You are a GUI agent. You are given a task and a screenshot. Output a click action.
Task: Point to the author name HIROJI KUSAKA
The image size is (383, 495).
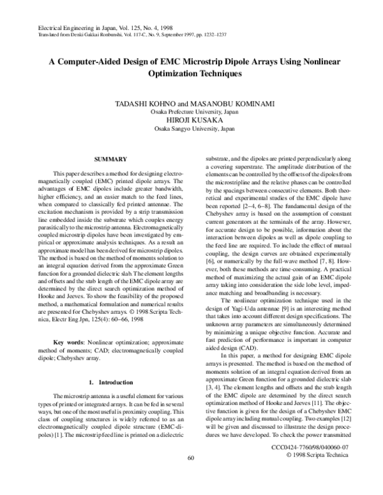(x=191, y=120)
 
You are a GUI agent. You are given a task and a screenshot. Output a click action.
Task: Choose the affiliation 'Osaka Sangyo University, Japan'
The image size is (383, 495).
(x=191, y=128)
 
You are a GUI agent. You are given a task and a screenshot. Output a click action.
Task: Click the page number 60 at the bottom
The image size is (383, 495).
(x=190, y=476)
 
